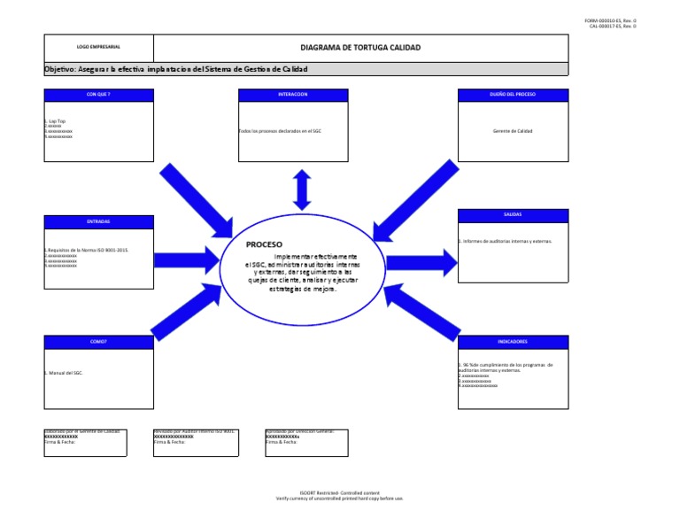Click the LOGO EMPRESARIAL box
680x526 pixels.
click(98, 47)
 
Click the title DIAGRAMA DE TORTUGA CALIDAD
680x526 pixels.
click(360, 47)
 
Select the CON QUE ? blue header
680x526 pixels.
click(98, 94)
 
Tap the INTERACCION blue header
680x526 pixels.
click(293, 94)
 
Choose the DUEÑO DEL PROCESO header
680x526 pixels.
click(513, 94)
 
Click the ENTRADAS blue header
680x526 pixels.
click(98, 221)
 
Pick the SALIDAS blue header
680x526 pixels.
click(513, 214)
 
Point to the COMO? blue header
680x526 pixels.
click(98, 341)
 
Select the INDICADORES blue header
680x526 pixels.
click(513, 341)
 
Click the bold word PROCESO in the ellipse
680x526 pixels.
click(264, 244)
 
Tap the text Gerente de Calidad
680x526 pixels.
click(513, 131)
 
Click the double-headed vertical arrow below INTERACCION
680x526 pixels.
click(303, 188)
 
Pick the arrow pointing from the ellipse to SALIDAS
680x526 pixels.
click(421, 260)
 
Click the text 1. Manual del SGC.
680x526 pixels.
click(65, 374)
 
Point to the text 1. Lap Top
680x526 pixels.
click(55, 120)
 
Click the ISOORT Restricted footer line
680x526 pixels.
click(339, 493)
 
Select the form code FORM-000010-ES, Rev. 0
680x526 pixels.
click(611, 20)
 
